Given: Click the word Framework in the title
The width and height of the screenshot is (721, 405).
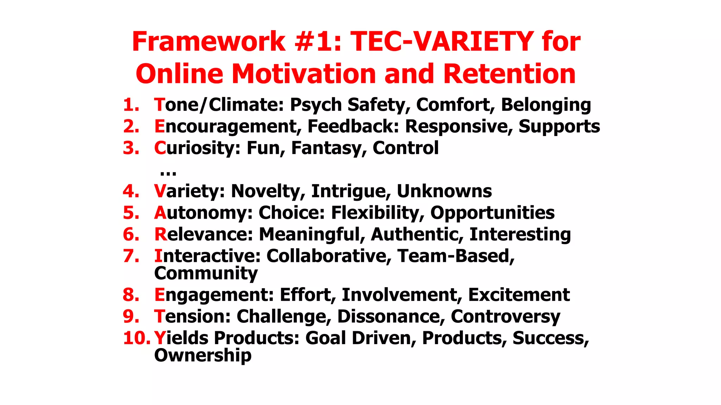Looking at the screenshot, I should [208, 41].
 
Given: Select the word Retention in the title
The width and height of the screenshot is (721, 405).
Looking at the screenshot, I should [509, 74].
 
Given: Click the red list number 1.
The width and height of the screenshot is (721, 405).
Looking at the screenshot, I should [131, 105].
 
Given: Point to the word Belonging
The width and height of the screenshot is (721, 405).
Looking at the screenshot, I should [546, 105].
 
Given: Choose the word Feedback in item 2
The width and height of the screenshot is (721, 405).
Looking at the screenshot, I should [353, 126].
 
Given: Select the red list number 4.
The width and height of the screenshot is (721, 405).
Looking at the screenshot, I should [131, 191].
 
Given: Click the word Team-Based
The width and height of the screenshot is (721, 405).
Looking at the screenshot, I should [456, 256].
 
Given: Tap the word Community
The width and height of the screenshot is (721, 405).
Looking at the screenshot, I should [206, 273].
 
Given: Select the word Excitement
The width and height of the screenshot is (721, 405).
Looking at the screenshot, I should [519, 295].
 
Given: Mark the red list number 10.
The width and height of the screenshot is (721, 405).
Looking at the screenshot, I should [137, 338].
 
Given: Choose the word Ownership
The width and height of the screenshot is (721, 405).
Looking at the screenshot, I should [203, 355].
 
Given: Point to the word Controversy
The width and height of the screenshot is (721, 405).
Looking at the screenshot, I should [505, 316].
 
